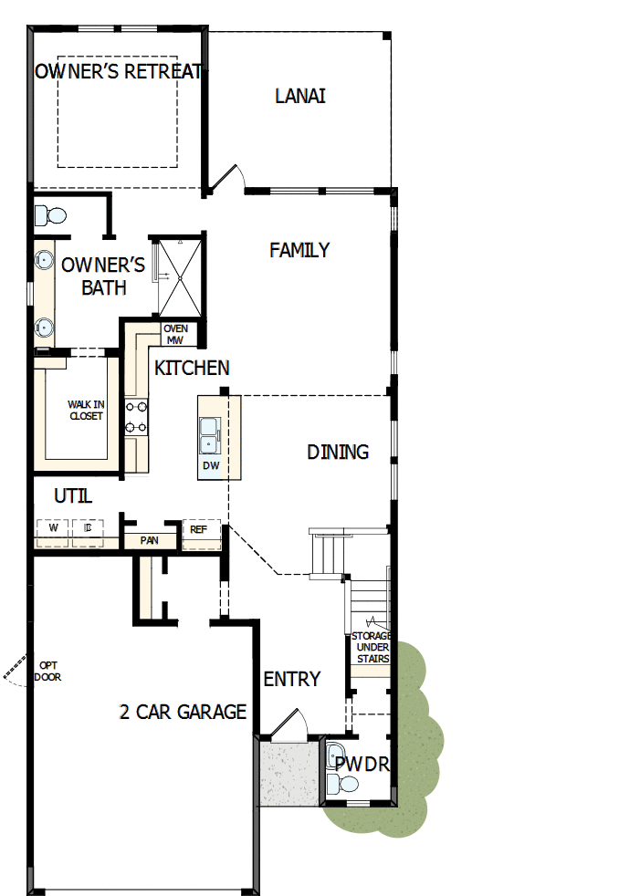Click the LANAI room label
coord(300,96)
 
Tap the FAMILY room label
coord(299,250)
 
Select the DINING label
coord(338,452)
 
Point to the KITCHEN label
coord(192,369)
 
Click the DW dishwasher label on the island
coord(210,465)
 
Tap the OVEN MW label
coord(175,334)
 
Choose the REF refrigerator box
coord(199,528)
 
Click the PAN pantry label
coord(149,540)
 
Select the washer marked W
coord(53,527)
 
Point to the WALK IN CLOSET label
coord(86,410)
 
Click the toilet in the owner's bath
coord(50,216)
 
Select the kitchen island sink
coord(209,434)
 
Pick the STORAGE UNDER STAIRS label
coord(371,647)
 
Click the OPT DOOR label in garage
coord(47,671)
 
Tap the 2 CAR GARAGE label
coord(183,712)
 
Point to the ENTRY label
coord(292,679)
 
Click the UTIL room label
coord(73,496)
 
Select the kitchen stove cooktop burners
coord(136,416)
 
